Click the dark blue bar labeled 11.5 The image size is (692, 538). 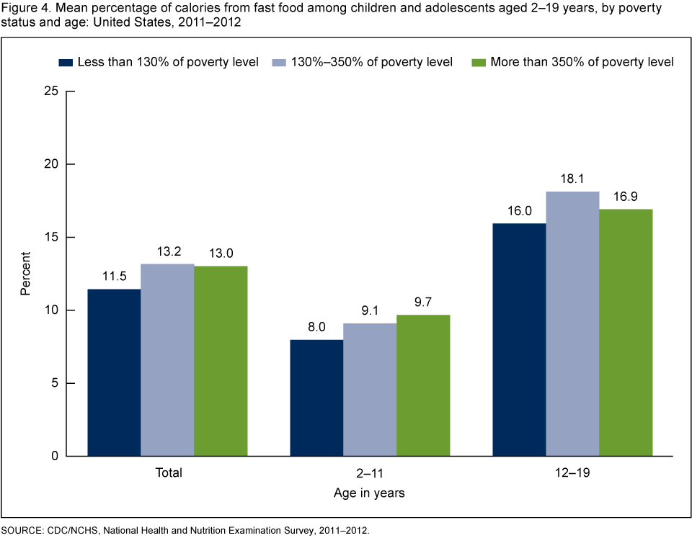(114, 372)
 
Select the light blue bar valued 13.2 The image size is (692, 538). (167, 360)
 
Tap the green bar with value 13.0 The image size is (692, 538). (221, 361)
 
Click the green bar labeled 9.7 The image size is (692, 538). (423, 385)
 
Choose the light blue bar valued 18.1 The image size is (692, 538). (572, 323)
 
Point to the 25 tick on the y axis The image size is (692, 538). (51, 91)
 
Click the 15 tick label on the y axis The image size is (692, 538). (51, 238)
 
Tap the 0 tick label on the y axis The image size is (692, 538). (55, 457)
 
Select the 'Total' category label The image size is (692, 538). (167, 473)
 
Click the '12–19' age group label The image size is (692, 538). (572, 473)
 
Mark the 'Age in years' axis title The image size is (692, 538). (370, 493)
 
